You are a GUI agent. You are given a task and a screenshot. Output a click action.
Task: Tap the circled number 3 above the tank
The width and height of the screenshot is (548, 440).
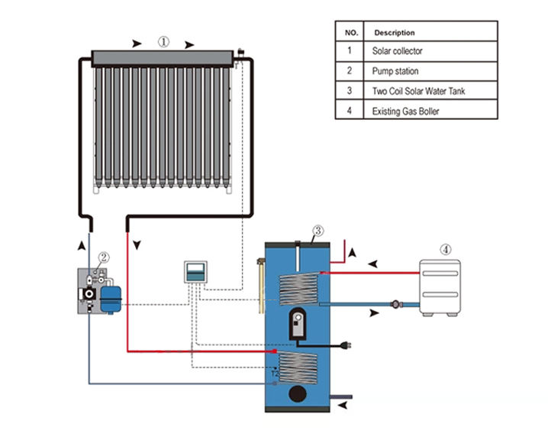click(318, 231)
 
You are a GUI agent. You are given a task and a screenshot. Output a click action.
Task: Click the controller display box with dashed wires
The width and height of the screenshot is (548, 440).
click(196, 271)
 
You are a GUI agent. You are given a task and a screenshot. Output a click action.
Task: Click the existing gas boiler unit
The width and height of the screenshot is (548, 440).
click(440, 287)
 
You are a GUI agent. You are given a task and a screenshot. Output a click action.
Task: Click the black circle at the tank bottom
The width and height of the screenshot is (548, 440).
click(297, 394)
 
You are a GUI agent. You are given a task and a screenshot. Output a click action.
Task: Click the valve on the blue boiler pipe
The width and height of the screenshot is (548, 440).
click(396, 303)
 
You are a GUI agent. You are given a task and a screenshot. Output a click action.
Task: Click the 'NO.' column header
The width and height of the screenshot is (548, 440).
click(351, 32)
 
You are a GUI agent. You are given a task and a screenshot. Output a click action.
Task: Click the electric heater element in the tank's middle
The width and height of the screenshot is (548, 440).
click(298, 326)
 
